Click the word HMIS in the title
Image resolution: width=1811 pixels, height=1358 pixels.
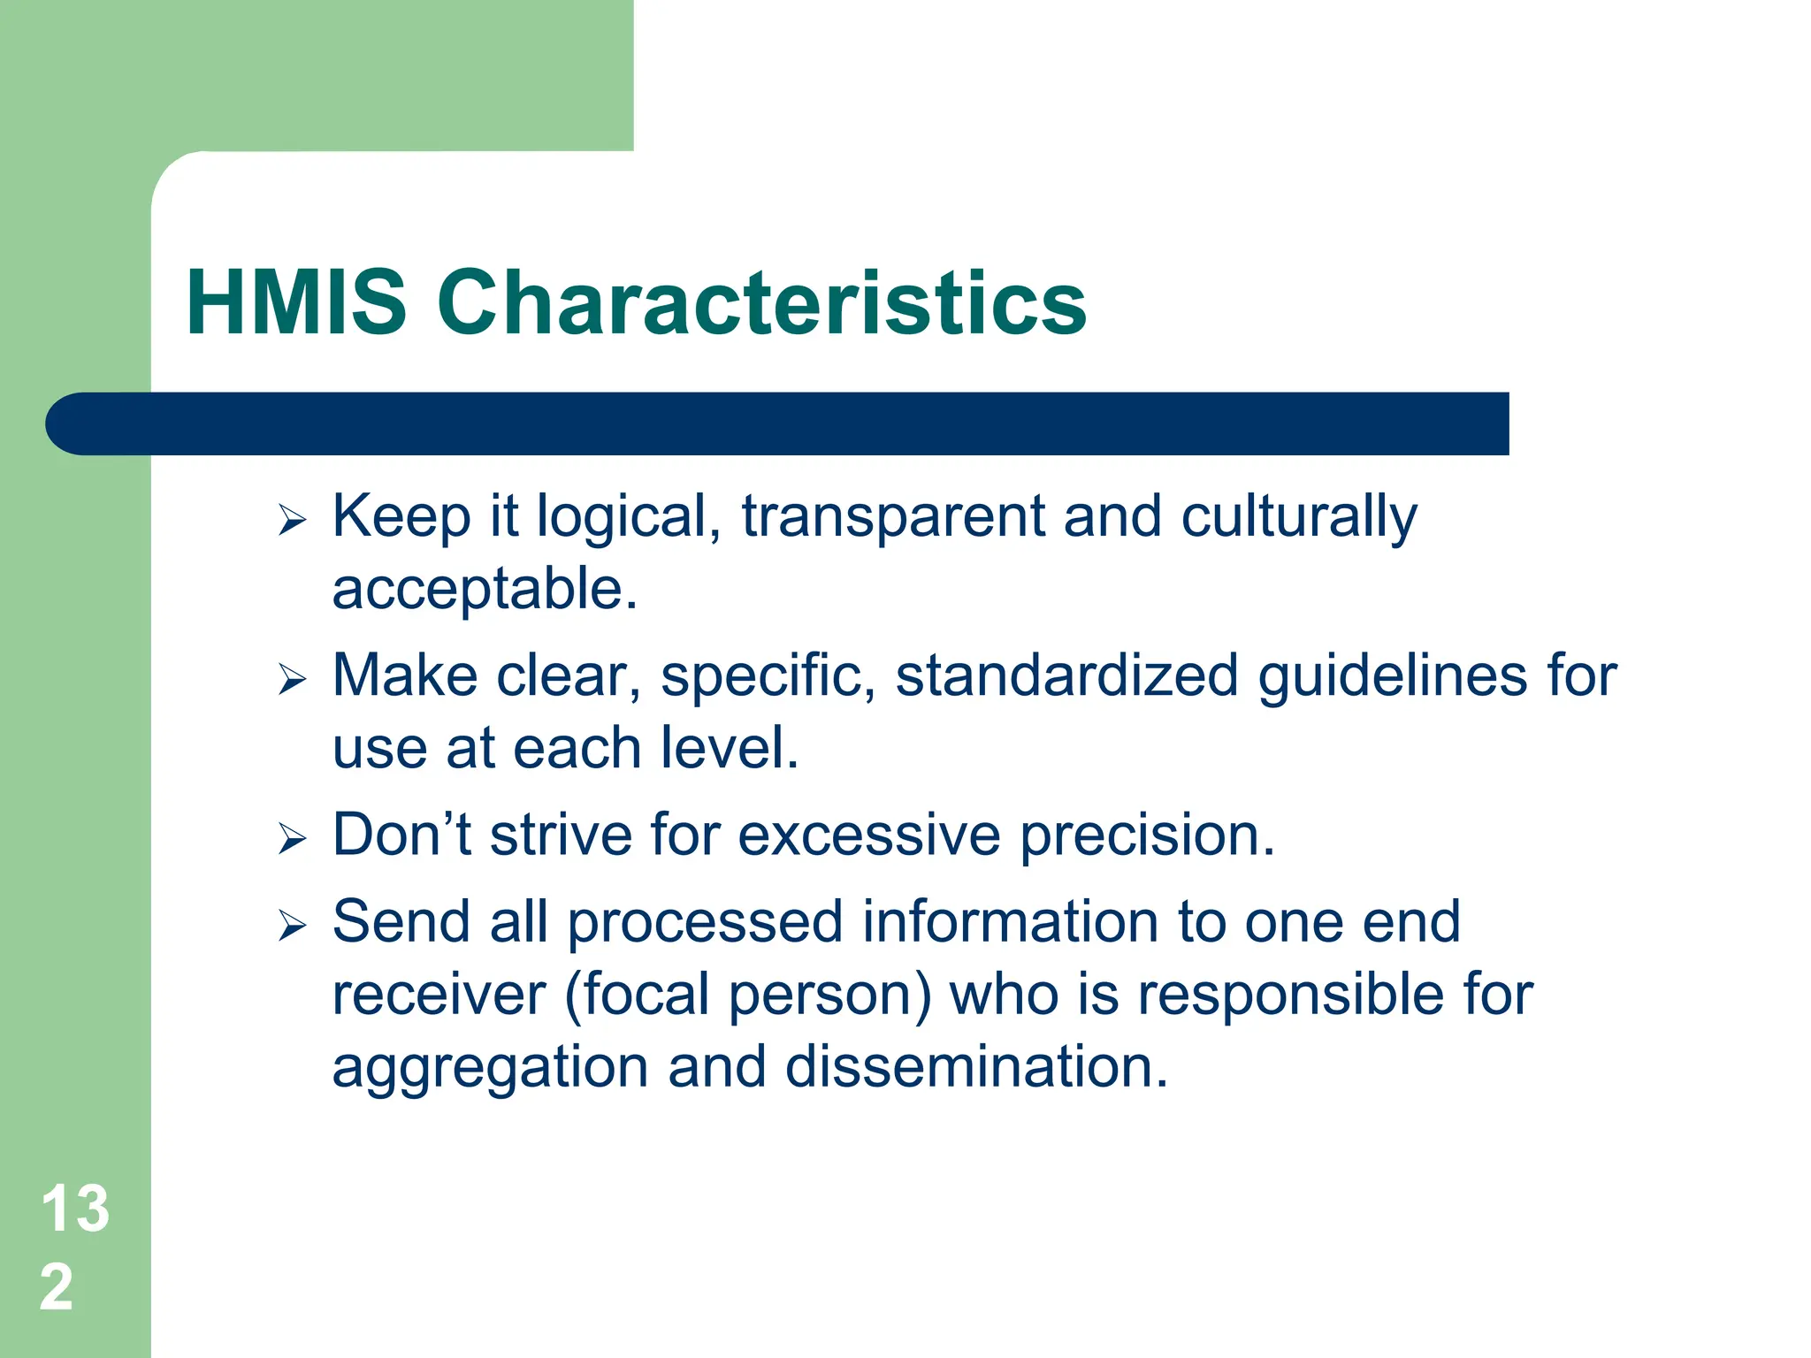click(296, 303)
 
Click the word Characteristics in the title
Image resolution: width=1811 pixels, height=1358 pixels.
click(761, 303)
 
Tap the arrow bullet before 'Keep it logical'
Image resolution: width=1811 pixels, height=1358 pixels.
click(292, 521)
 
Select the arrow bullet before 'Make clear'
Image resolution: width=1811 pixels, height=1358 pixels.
click(292, 680)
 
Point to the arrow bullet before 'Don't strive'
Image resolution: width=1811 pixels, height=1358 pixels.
click(292, 838)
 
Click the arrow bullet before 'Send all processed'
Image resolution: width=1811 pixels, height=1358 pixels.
click(292, 926)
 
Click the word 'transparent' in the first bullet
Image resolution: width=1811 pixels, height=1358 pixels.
click(893, 517)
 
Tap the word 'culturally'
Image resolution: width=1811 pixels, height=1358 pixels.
click(1298, 517)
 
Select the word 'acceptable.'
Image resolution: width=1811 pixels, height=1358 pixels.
click(485, 589)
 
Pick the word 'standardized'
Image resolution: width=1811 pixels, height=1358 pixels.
click(1066, 676)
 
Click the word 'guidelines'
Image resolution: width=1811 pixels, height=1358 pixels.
click(1393, 676)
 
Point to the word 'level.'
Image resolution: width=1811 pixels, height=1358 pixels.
click(730, 748)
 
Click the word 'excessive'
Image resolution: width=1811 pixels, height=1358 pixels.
click(868, 835)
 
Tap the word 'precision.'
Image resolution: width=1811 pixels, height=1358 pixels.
click(1147, 836)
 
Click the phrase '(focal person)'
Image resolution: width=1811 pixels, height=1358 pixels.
click(747, 996)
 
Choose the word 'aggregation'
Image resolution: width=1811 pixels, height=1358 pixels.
click(491, 1068)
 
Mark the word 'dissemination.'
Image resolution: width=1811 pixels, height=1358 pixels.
click(976, 1066)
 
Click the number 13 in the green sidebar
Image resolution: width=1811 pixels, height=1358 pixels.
click(75, 1209)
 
